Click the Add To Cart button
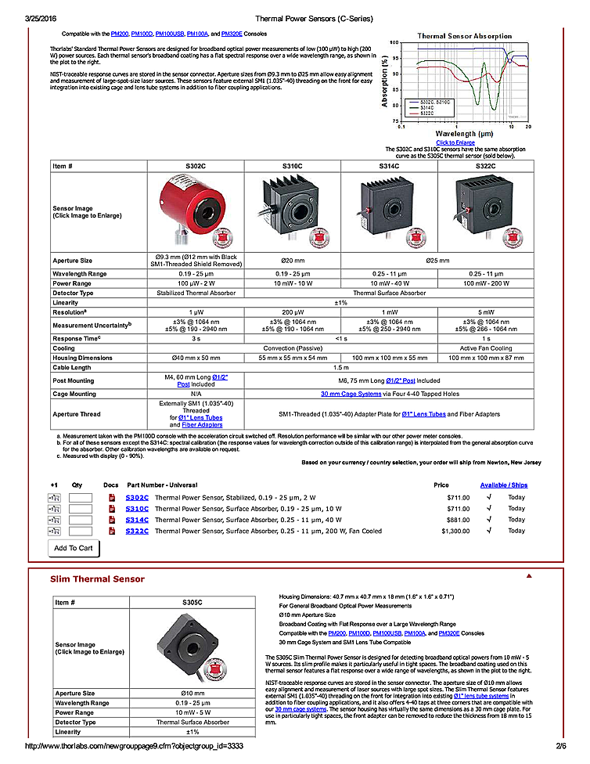click(x=74, y=548)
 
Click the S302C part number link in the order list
click(x=137, y=497)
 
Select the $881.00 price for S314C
click(x=458, y=519)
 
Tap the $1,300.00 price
click(x=455, y=531)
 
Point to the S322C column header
click(x=485, y=166)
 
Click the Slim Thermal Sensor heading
click(x=97, y=579)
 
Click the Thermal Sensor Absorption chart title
click(x=464, y=36)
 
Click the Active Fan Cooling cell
click(x=485, y=348)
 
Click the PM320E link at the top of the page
click(x=232, y=34)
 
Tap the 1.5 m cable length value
click(x=340, y=367)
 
